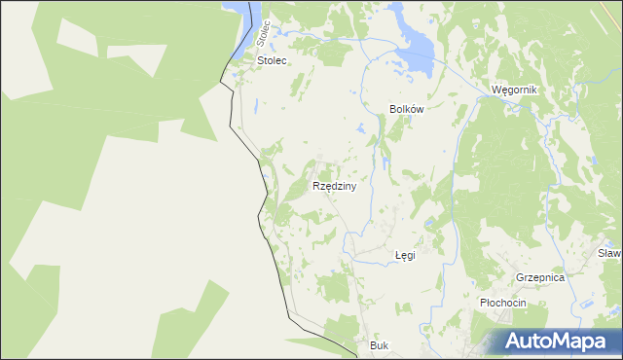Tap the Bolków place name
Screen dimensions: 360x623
tap(407, 110)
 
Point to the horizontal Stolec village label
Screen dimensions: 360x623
tap(273, 60)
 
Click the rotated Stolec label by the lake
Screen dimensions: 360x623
tap(261, 31)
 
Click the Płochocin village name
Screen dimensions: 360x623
tap(502, 303)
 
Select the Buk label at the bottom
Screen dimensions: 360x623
tap(380, 345)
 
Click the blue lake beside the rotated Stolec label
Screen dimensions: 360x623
tap(238, 19)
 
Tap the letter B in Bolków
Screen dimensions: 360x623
tap(392, 110)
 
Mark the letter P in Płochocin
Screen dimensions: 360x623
tap(484, 303)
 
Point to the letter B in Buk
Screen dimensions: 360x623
tap(374, 345)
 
